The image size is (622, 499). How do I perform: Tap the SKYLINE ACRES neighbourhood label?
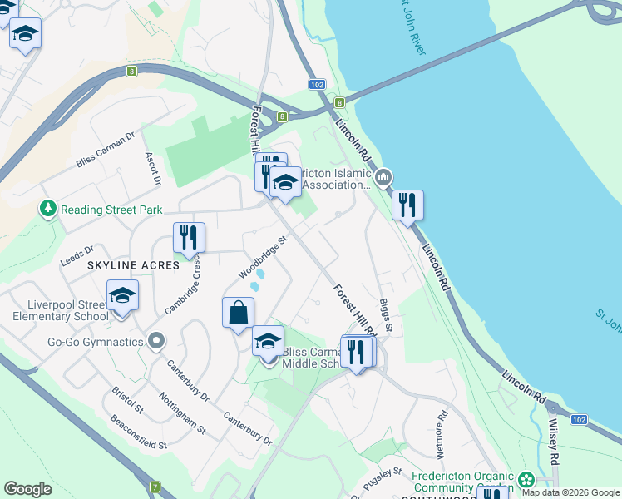pyautogui.click(x=133, y=264)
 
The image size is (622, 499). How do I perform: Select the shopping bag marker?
pyautogui.click(x=238, y=314)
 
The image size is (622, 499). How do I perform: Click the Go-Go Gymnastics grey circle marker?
pyautogui.click(x=155, y=341)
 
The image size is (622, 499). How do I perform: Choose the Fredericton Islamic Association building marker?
pyautogui.click(x=383, y=177)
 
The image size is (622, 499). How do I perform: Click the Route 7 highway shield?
pyautogui.click(x=155, y=486)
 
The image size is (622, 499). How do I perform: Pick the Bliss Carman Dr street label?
pyautogui.click(x=106, y=150)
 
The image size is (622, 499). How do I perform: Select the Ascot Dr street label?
pyautogui.click(x=152, y=168)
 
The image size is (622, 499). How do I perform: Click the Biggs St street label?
pyautogui.click(x=387, y=319)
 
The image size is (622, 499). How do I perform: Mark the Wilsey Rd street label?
pyautogui.click(x=553, y=441)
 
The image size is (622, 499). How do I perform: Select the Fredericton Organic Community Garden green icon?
pyautogui.click(x=526, y=479)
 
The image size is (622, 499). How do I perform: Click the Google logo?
pyautogui.click(x=28, y=489)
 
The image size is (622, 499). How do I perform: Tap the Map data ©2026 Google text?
pyautogui.click(x=570, y=492)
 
